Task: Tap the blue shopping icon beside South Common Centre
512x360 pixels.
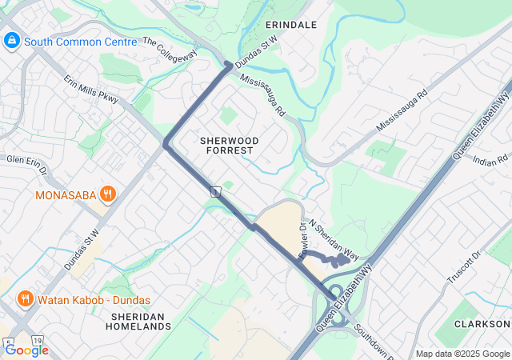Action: click(x=12, y=41)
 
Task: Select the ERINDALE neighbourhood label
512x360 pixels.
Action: click(x=291, y=25)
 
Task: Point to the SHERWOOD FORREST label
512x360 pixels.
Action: click(x=226, y=145)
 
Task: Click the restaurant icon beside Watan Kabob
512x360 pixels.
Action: click(x=26, y=300)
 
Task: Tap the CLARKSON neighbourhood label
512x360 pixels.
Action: click(x=482, y=324)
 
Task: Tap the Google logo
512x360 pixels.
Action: click(x=26, y=350)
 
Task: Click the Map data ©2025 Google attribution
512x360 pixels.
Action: click(x=462, y=354)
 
